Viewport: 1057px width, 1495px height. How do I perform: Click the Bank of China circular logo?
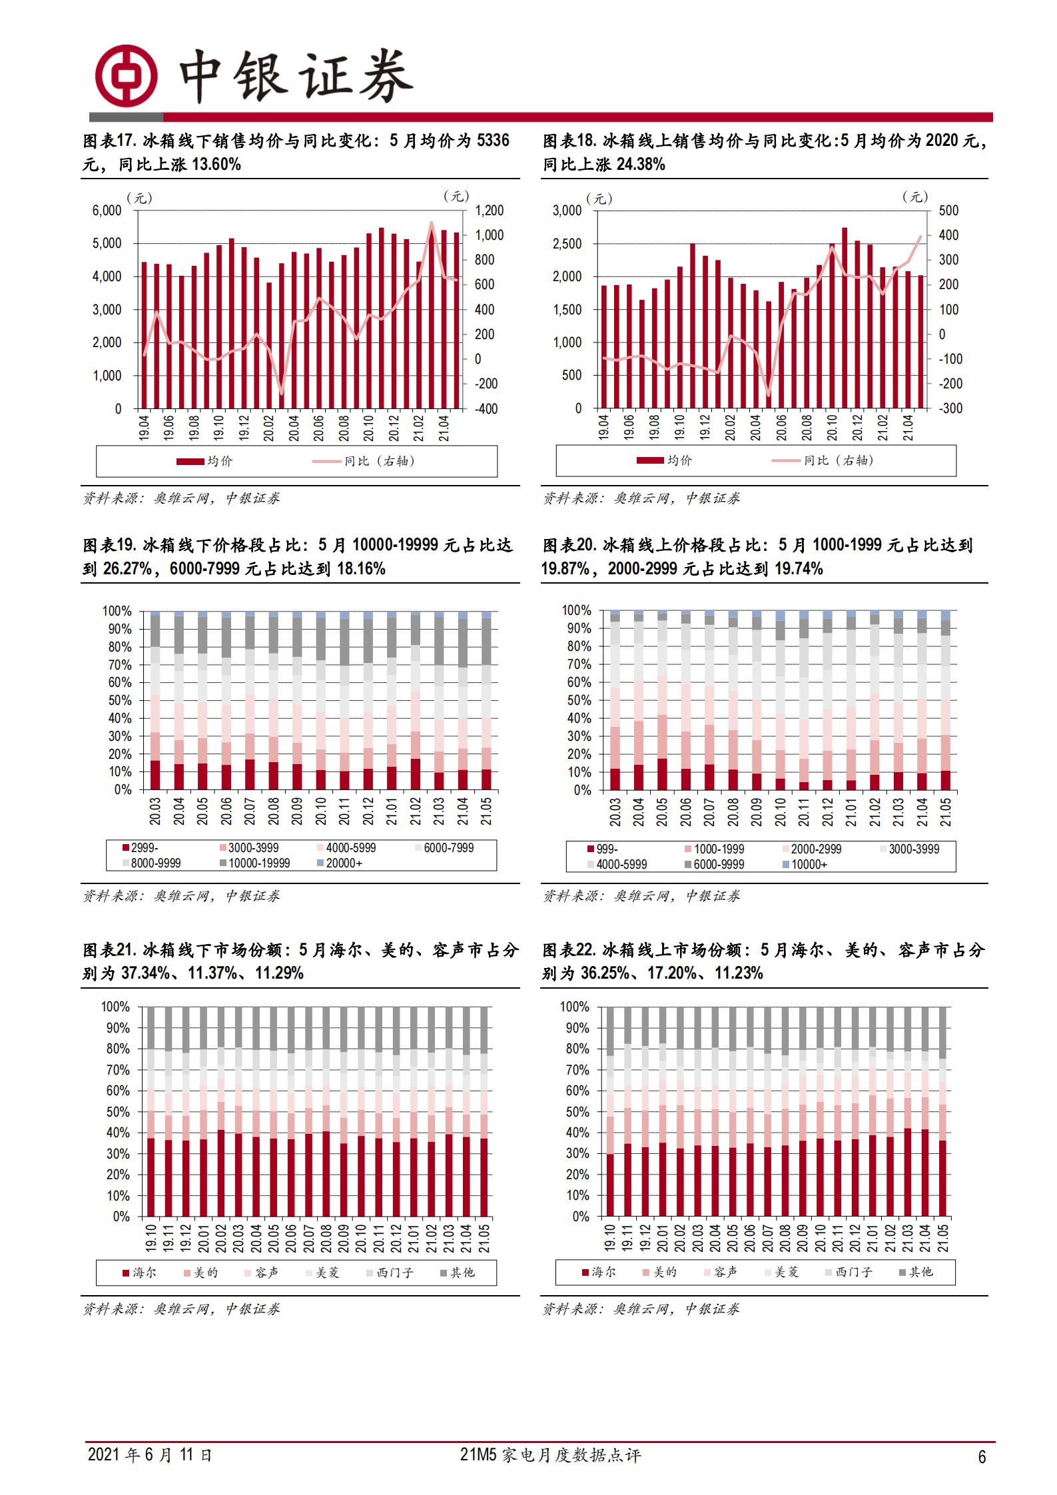(x=126, y=76)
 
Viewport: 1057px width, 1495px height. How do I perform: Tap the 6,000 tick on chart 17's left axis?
(x=107, y=211)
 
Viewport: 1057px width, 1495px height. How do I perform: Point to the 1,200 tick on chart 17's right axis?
(x=489, y=211)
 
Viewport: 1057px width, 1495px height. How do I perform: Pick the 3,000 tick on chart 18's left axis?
(x=567, y=211)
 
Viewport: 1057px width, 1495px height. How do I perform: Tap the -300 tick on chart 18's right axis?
(x=950, y=408)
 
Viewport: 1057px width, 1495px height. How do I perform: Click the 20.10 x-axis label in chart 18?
(x=832, y=427)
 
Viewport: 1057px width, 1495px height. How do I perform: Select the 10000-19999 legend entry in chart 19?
(x=255, y=863)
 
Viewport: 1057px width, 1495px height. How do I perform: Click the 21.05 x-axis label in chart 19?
(x=486, y=811)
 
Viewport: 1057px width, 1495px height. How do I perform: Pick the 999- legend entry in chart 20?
(x=603, y=849)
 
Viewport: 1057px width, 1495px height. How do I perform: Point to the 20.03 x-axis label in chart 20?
(x=615, y=811)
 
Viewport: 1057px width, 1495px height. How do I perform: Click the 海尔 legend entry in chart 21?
(x=140, y=1272)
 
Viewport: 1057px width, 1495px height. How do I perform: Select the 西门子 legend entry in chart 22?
(x=849, y=1272)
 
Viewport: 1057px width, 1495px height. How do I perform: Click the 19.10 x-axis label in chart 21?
(x=151, y=1237)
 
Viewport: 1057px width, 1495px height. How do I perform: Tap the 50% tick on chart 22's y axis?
(x=577, y=1112)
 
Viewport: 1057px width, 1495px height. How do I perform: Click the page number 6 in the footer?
(x=982, y=1457)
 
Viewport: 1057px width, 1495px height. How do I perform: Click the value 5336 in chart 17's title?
(x=493, y=141)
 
